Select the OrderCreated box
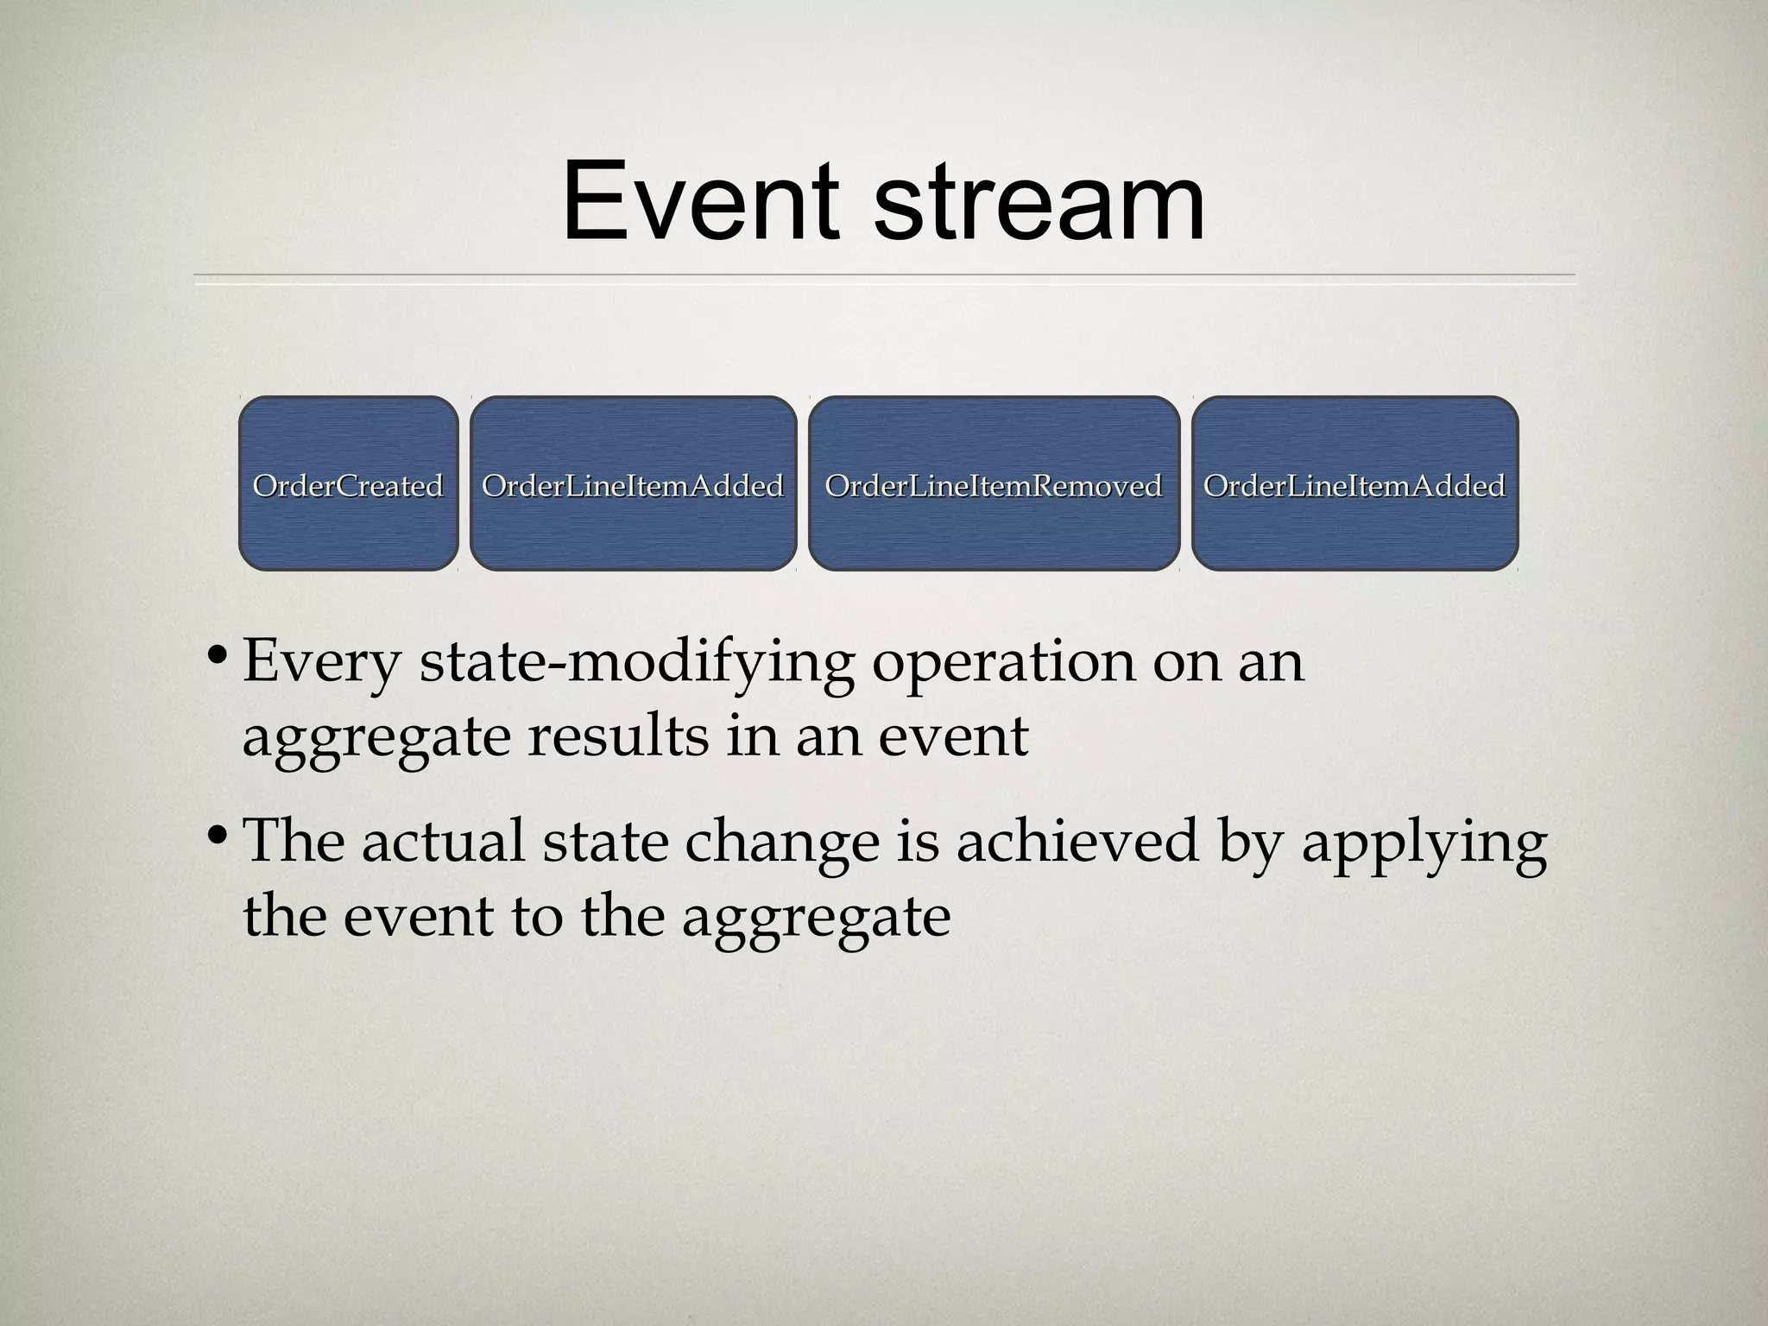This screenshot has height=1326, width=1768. click(x=348, y=484)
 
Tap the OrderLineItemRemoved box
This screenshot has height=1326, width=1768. click(x=994, y=484)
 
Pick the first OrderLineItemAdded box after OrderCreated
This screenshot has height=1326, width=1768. click(x=633, y=484)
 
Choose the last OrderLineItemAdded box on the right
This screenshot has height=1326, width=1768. click(x=1354, y=484)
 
